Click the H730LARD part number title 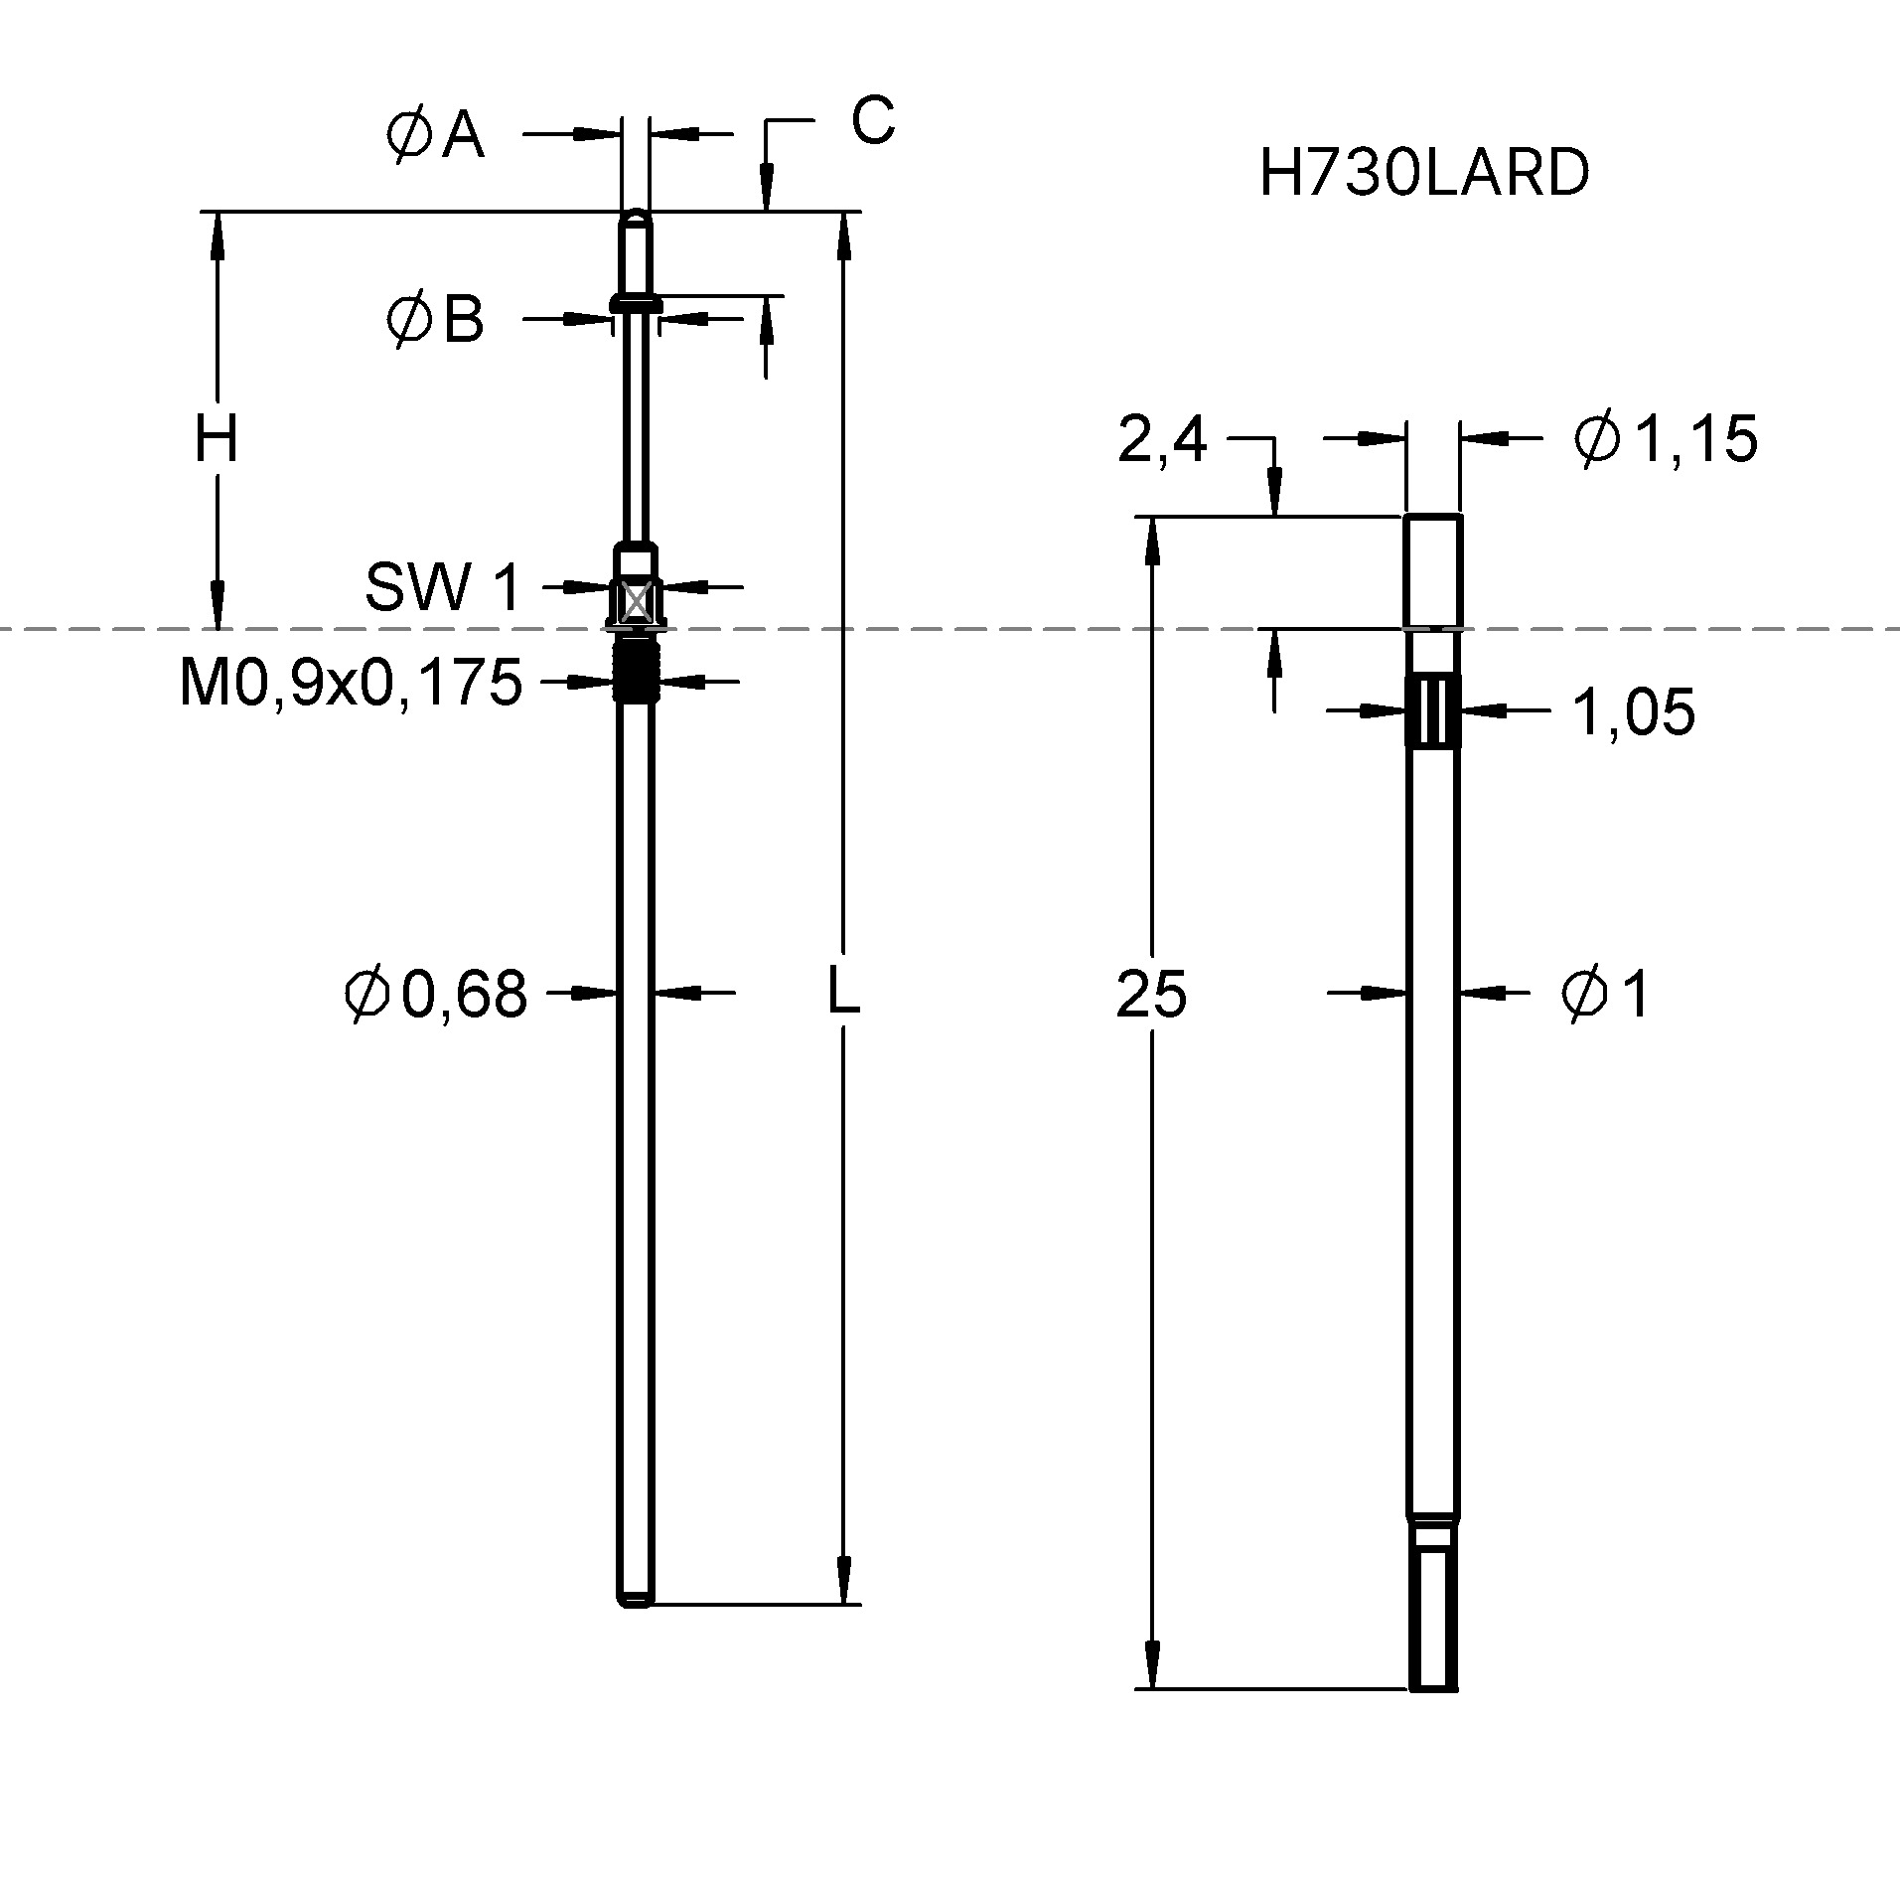point(1423,173)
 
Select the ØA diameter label point(435,135)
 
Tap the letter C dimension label point(872,121)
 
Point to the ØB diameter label point(435,320)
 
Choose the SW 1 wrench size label point(443,586)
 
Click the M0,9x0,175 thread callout point(351,683)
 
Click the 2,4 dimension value point(1161,440)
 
